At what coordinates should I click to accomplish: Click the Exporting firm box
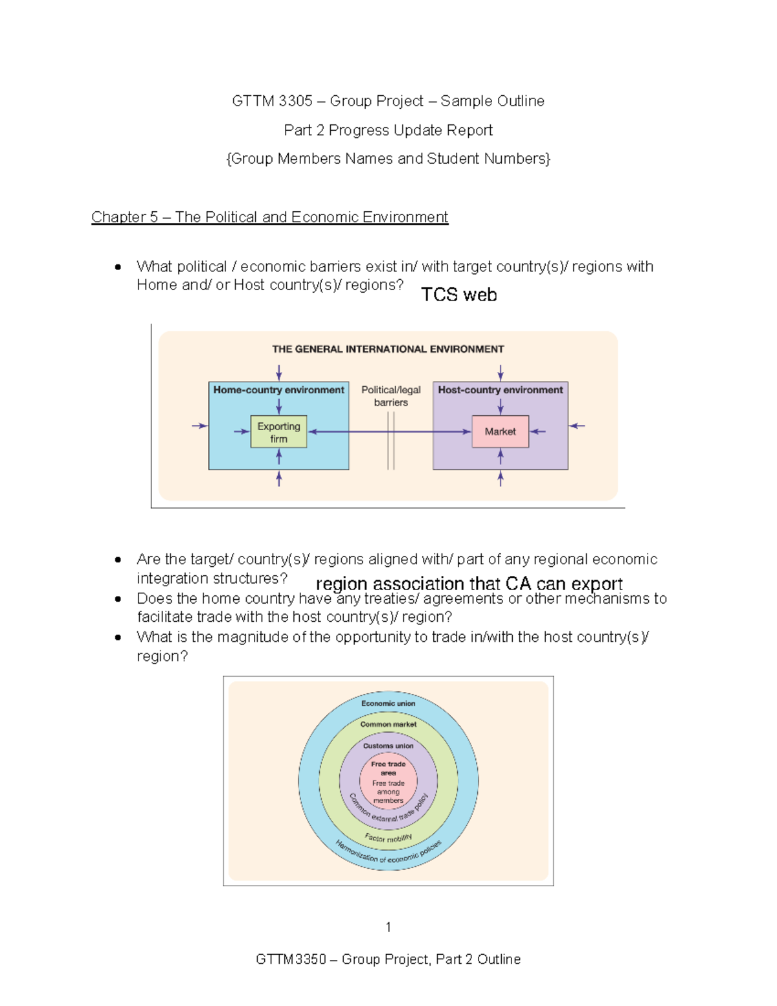pos(278,432)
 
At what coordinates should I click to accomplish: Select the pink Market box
pos(500,431)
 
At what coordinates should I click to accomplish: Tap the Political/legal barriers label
pos(390,396)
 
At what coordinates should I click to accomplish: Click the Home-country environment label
pos(278,390)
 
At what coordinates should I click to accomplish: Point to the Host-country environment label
pos(500,390)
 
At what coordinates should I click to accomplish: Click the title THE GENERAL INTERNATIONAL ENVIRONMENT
pos(388,349)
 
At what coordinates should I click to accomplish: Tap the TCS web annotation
pos(459,295)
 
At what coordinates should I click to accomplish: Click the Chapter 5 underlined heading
pos(269,217)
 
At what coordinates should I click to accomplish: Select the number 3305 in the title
pos(295,101)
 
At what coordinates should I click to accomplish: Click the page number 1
pos(388,927)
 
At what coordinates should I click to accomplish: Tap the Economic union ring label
pos(388,703)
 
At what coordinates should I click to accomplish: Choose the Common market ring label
pos(388,724)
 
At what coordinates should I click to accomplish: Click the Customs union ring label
pos(388,746)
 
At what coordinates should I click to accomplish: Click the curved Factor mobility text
pos(388,838)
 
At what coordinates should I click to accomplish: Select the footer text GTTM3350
pos(291,959)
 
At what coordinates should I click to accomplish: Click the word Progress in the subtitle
pos(355,130)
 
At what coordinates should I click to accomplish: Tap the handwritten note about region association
pos(469,584)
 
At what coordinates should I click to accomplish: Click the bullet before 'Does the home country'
pos(118,599)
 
